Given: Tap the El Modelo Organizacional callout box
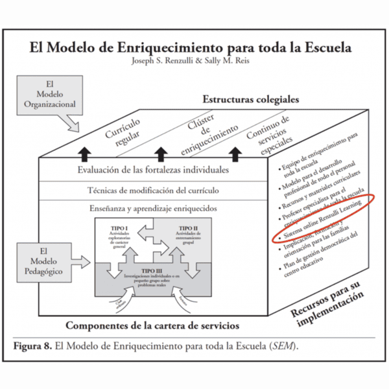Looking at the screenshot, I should tap(52, 95).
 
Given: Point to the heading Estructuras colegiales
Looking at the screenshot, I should tap(250, 100).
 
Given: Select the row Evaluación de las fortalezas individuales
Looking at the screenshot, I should tap(152, 171).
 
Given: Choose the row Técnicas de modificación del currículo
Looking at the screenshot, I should tap(152, 191).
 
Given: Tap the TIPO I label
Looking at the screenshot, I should tap(119, 229).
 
